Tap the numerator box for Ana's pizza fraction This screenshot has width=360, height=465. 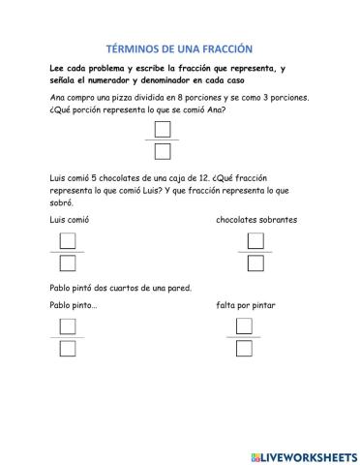click(163, 129)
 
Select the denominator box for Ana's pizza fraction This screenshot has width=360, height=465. click(163, 150)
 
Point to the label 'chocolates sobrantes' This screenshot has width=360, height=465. click(255, 220)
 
